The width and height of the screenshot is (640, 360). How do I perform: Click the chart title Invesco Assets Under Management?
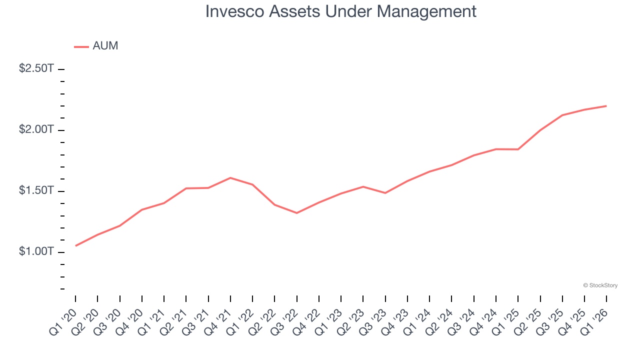click(340, 11)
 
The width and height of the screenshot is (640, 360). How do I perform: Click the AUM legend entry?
click(96, 46)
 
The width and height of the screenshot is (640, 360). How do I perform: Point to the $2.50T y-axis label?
click(36, 68)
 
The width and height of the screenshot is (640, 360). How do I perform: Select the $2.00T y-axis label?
click(36, 129)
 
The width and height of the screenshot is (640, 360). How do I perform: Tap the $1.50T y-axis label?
click(36, 190)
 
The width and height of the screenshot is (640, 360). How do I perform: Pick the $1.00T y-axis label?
click(36, 251)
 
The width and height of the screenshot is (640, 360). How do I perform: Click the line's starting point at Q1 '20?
click(75, 245)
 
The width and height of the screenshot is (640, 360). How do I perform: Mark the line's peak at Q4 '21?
click(230, 177)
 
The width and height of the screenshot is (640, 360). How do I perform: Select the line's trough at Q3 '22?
click(297, 213)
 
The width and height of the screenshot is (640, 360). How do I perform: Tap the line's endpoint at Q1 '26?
click(606, 106)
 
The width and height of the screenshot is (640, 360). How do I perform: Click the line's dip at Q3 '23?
click(385, 193)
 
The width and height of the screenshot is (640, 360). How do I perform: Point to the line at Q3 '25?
click(562, 115)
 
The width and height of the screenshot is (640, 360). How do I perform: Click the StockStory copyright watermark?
click(600, 285)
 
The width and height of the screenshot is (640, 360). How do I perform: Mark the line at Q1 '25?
click(518, 149)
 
